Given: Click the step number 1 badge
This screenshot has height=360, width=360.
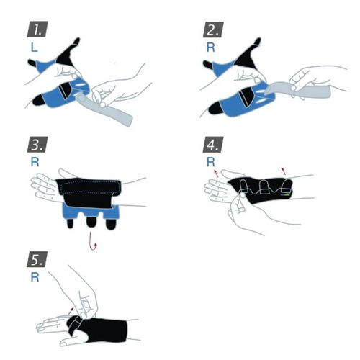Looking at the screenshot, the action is point(37,30).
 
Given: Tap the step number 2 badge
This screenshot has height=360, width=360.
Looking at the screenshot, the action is point(213,30).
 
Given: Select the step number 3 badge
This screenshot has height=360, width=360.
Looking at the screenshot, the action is point(37,145).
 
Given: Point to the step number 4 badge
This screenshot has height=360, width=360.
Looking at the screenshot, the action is point(213,145).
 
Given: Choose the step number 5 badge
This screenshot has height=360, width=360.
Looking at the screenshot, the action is point(37,259).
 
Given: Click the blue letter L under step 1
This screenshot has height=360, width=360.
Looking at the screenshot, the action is point(34,48).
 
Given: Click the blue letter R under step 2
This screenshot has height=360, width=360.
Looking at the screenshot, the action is point(210,48).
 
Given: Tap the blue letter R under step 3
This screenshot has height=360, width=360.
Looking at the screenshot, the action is point(35,162).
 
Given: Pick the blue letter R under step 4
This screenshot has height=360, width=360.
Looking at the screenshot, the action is point(210,162).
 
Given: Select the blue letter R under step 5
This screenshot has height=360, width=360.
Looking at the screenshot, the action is point(35,277).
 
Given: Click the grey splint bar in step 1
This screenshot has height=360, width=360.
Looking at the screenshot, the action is point(106,110).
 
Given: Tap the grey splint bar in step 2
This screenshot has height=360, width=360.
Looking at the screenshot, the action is point(297,89).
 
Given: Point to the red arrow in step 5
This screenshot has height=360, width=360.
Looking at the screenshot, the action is point(71,310).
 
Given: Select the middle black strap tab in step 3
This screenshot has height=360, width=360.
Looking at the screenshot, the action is point(91,222).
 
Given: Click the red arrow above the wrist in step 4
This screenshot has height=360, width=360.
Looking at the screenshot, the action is point(284,171).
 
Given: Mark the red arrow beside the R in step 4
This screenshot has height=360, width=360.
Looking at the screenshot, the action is point(216,173).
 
